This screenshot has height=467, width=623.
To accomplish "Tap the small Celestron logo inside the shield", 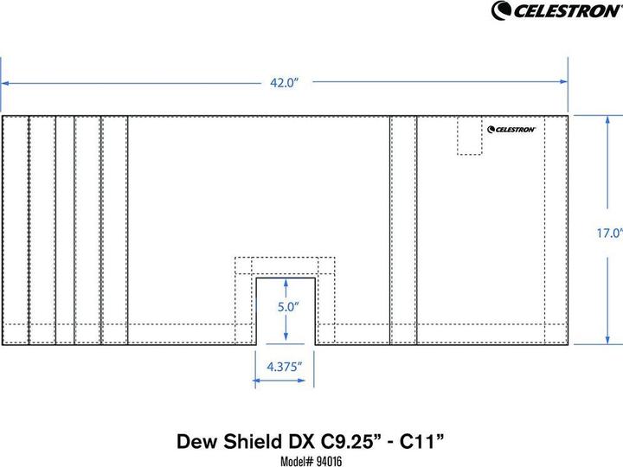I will click(511, 130).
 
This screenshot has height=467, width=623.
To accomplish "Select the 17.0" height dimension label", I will click(610, 233).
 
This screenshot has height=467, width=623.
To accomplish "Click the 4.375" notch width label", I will click(284, 366).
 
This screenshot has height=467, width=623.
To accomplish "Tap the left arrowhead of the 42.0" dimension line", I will click(5, 83).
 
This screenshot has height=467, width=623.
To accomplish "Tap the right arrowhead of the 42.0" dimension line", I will click(563, 83).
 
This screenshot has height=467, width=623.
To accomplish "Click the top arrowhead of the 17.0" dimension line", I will click(605, 119).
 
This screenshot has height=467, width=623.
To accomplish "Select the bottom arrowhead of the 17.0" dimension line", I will click(605, 341).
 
